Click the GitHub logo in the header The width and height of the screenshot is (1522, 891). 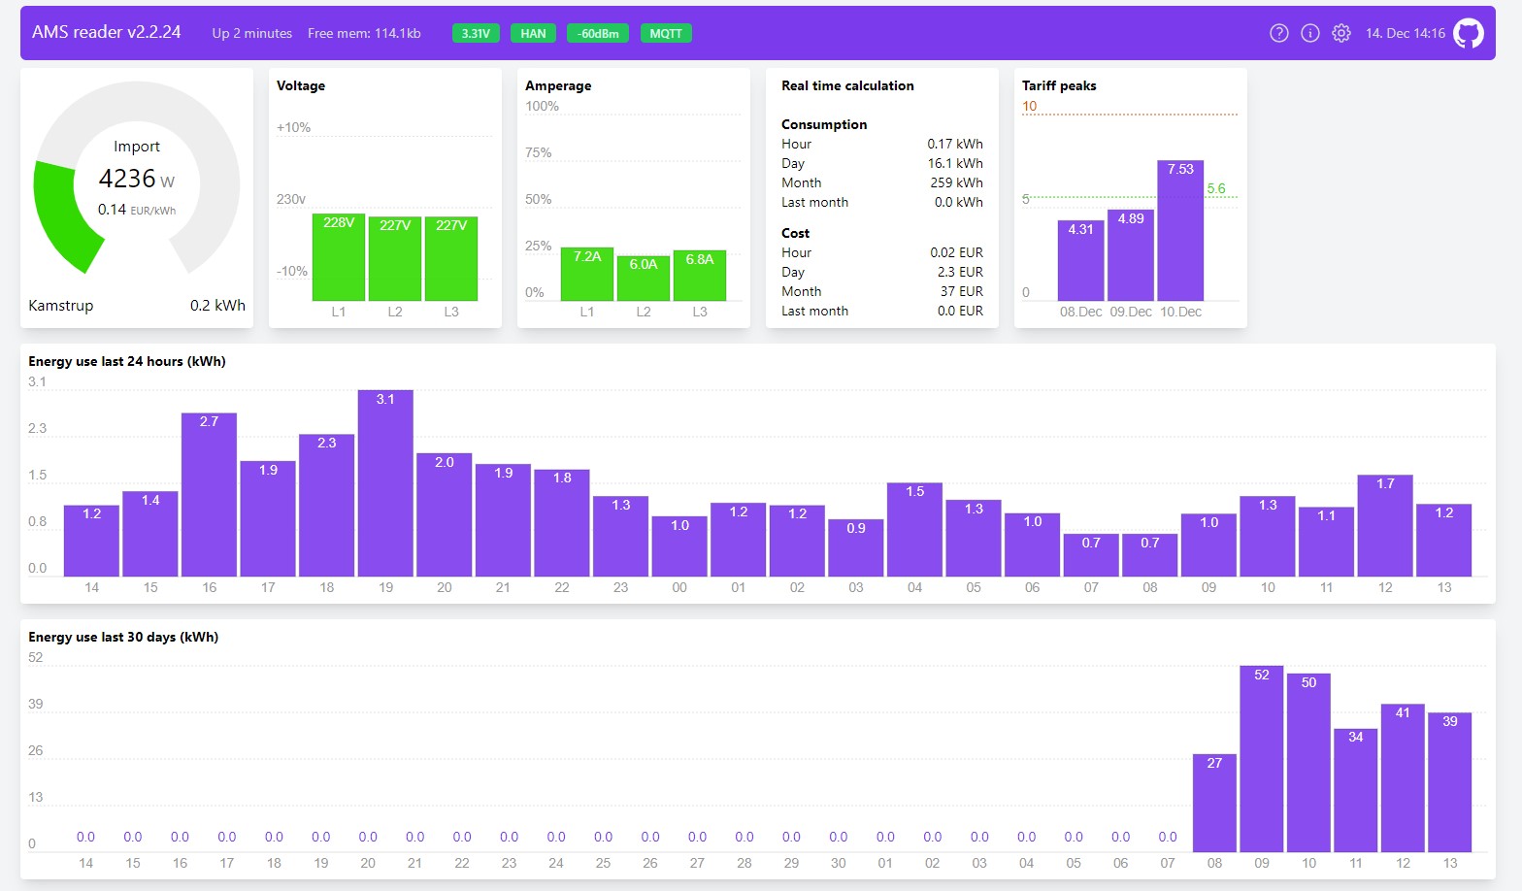(1468, 33)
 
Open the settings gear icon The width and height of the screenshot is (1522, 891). (1341, 33)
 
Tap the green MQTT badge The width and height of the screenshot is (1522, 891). (666, 33)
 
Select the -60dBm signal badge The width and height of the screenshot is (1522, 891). (598, 33)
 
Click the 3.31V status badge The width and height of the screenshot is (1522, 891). (476, 33)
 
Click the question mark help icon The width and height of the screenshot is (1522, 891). (1278, 33)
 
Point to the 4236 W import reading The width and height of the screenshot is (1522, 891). (137, 179)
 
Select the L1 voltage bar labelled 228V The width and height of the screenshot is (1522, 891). (339, 257)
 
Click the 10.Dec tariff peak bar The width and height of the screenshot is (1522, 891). (1180, 230)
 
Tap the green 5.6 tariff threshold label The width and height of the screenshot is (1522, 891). (1216, 189)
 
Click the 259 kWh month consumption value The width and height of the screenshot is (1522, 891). (956, 182)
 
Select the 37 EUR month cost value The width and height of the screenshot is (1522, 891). (960, 291)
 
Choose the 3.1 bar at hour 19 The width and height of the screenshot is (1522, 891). (385, 483)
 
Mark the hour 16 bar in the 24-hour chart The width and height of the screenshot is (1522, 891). (210, 495)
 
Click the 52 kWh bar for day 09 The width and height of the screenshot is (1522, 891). (1262, 758)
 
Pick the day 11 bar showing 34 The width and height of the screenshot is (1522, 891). (1355, 790)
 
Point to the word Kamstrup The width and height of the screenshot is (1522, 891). (61, 306)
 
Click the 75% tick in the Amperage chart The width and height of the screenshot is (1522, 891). (538, 153)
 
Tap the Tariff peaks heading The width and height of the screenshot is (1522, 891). (1059, 85)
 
